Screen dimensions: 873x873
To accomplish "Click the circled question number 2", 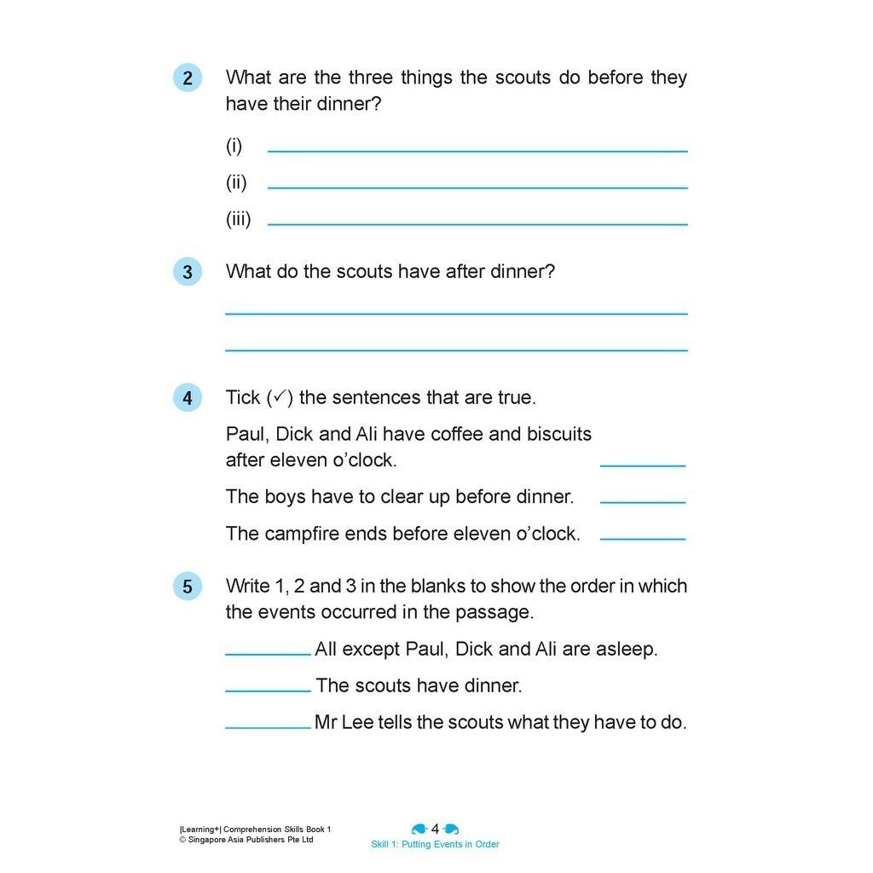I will point(188,78).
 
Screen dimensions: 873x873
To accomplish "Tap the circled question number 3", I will point(188,272).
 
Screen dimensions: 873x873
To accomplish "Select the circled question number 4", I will point(188,398).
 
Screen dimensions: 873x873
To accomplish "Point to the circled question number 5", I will point(188,587).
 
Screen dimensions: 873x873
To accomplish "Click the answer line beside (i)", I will point(477,151).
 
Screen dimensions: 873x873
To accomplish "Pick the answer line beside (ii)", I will point(477,188).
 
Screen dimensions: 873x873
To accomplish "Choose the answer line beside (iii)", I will point(477,224).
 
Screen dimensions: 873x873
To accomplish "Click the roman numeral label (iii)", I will point(238,219).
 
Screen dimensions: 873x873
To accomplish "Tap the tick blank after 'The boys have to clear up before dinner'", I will point(643,502).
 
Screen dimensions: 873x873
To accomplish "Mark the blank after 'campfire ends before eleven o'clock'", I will point(643,539).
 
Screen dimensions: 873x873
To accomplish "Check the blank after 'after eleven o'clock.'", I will point(643,465).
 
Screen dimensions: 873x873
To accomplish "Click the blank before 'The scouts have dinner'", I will point(268,691).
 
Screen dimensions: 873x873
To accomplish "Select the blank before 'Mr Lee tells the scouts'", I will point(268,727).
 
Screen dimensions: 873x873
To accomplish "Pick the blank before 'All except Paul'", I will point(268,654).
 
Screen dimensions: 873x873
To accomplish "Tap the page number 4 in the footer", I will point(435,829).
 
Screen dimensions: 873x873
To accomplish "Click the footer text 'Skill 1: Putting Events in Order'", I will point(435,845).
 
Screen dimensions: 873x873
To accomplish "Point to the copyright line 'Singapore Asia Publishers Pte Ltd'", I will point(247,840).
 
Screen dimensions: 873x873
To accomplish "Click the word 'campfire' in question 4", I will point(299,534).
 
